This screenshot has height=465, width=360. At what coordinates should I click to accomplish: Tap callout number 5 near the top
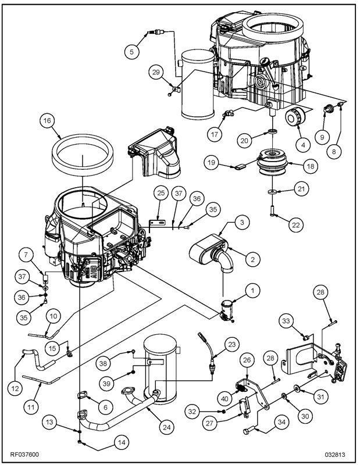(x=133, y=52)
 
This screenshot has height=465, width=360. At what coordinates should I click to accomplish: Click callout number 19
(x=213, y=164)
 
